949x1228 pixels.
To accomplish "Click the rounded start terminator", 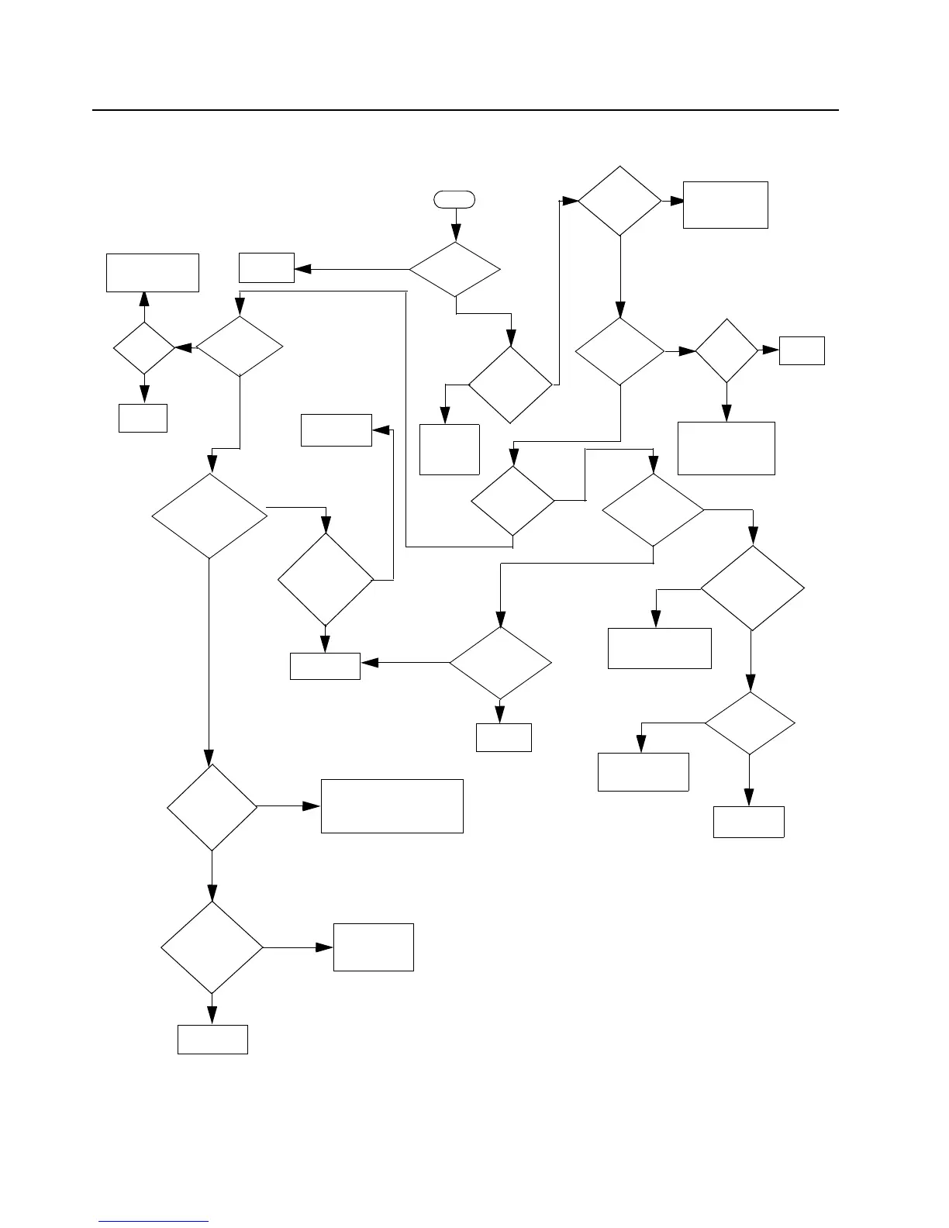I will point(455,199).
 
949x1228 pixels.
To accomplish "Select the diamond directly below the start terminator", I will point(455,270).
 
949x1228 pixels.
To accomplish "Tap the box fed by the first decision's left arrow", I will point(267,267).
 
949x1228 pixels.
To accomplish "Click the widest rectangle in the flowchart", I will point(392,806).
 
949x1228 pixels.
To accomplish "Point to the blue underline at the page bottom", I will point(154,1221).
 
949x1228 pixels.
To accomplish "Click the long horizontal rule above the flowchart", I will point(465,110).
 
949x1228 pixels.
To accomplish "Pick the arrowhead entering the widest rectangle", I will point(312,806).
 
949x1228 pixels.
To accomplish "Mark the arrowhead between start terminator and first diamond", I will point(456,233).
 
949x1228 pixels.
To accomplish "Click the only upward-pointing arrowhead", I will point(143,299).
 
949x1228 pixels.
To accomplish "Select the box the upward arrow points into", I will point(153,272).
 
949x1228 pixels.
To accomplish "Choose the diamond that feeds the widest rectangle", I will point(212,807).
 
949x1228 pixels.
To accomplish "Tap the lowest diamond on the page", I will point(212,947).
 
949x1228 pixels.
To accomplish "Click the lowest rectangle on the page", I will point(212,1039).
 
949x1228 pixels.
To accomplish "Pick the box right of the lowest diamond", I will point(373,947).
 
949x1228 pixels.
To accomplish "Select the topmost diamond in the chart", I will point(620,201).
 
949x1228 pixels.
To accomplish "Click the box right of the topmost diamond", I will point(725,205).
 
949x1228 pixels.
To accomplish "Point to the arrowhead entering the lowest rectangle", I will point(212,1016).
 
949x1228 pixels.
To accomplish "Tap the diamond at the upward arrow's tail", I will point(143,349).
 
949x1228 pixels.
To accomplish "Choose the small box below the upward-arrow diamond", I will point(143,418).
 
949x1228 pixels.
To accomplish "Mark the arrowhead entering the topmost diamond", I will point(570,201).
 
